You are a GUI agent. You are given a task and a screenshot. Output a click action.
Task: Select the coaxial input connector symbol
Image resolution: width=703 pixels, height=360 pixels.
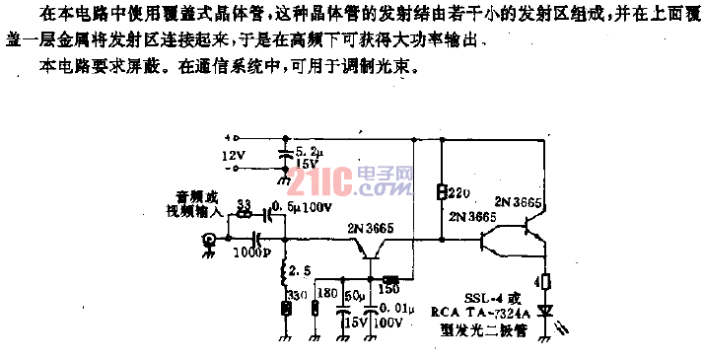pos(208,239)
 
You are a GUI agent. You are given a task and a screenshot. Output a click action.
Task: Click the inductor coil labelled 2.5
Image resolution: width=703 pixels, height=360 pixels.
pos(286,271)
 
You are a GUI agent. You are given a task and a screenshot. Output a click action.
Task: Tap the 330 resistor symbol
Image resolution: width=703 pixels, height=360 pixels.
pos(287,310)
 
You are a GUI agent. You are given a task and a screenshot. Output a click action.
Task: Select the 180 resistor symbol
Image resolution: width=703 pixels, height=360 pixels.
pos(316,310)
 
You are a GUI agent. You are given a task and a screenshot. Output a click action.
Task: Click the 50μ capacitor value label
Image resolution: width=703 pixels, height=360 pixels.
pos(352,296)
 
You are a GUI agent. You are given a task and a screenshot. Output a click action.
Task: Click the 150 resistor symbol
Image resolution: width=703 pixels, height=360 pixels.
pos(388,280)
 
